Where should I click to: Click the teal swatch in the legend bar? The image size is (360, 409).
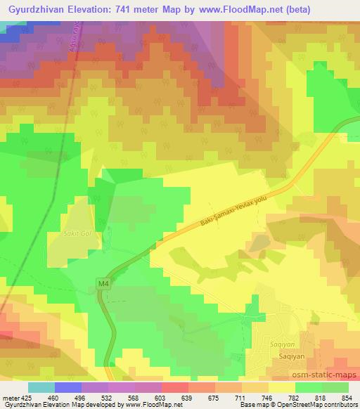(41, 387)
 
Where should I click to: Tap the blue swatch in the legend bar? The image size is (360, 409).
(68, 387)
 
